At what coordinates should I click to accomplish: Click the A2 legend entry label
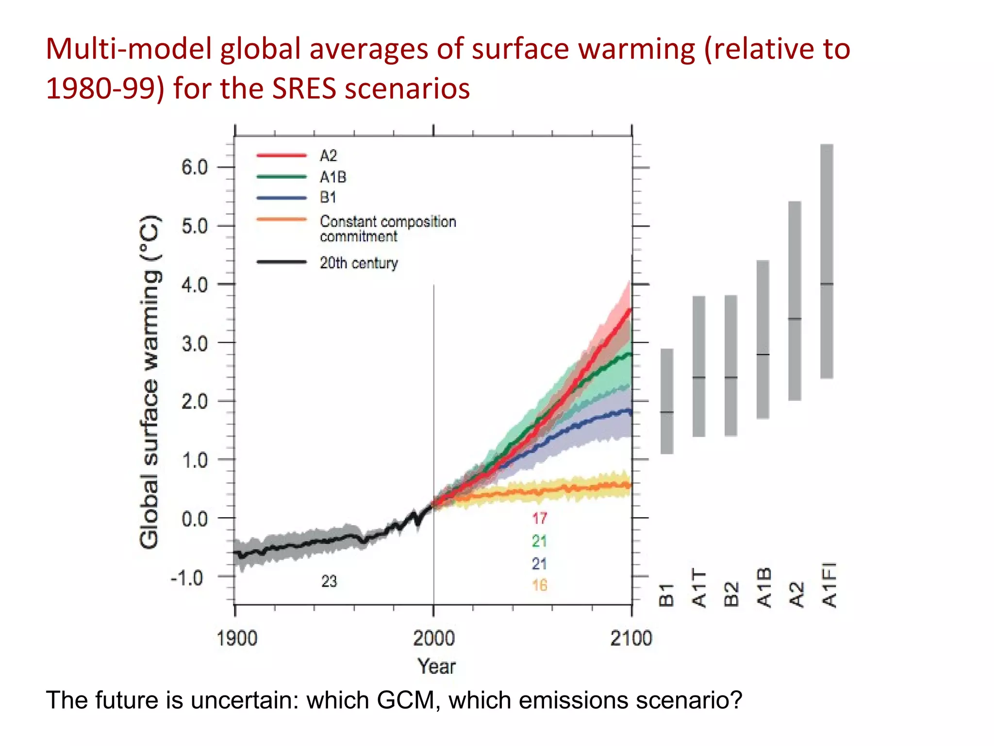point(328,156)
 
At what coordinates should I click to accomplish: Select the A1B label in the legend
point(332,177)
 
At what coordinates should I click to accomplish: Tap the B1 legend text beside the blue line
point(328,197)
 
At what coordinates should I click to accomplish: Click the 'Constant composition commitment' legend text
point(387,229)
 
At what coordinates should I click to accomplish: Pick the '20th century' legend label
point(358,263)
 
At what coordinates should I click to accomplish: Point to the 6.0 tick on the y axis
point(194,168)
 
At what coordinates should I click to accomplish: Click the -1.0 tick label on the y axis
point(187,578)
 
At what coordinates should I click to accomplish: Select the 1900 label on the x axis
point(236,638)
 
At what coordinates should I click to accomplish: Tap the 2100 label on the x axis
point(631,638)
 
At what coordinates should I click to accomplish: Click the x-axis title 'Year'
point(436,666)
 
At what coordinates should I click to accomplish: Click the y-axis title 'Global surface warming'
point(149,382)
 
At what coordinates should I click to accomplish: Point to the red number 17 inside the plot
point(539,518)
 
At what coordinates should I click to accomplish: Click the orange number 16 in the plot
point(539,585)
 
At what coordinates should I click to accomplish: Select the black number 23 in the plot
point(329,581)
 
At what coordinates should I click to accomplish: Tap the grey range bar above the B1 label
point(667,401)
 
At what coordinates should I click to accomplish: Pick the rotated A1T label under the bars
point(699,588)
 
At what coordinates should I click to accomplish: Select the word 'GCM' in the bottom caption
point(406,700)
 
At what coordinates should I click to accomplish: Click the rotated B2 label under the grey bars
point(731,594)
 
